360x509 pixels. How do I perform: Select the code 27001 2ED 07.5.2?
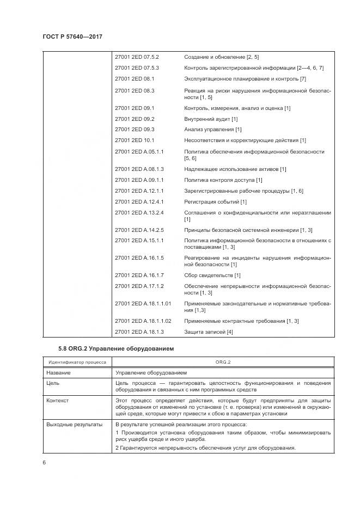[137, 57]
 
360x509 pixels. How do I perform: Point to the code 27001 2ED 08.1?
[135, 79]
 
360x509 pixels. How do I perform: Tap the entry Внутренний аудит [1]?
[211, 119]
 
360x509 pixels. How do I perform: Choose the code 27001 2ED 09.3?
[135, 130]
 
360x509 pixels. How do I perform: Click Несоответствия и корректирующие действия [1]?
[245, 140]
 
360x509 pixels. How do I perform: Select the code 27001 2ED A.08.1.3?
[139, 169]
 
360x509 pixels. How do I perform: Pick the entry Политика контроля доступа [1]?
[223, 180]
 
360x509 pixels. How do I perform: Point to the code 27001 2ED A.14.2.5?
[139, 230]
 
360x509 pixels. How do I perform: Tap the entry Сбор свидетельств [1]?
[212, 275]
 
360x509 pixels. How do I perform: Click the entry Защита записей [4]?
[209, 332]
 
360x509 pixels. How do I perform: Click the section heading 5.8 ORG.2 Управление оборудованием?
[116, 348]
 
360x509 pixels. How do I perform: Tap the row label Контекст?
[58, 401]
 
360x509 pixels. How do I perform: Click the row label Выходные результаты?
[74, 424]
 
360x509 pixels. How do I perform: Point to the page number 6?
[44, 462]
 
